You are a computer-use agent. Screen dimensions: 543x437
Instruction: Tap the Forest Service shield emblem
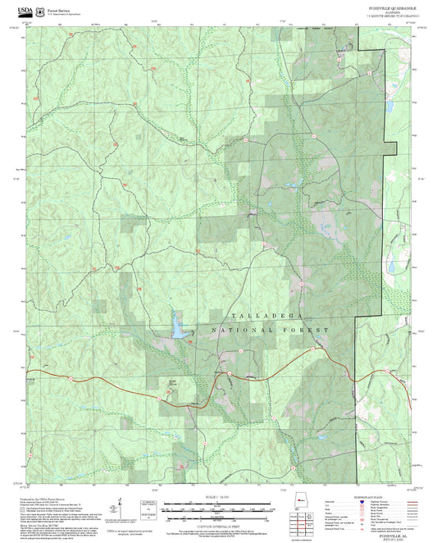(42, 7)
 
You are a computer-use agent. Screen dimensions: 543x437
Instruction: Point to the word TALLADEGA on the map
(257, 316)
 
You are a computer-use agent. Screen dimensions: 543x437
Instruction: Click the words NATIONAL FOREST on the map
(271, 330)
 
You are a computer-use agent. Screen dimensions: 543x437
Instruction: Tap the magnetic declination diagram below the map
(121, 506)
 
